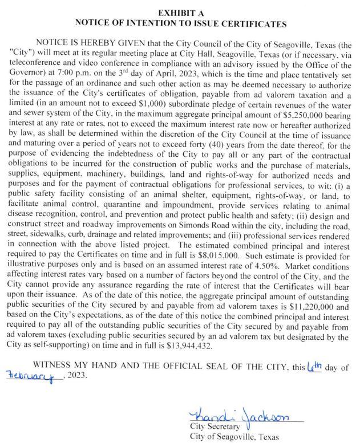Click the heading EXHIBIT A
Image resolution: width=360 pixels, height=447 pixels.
[x=180, y=12]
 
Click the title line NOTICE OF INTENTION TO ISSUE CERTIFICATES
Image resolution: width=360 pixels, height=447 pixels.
[x=180, y=23]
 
